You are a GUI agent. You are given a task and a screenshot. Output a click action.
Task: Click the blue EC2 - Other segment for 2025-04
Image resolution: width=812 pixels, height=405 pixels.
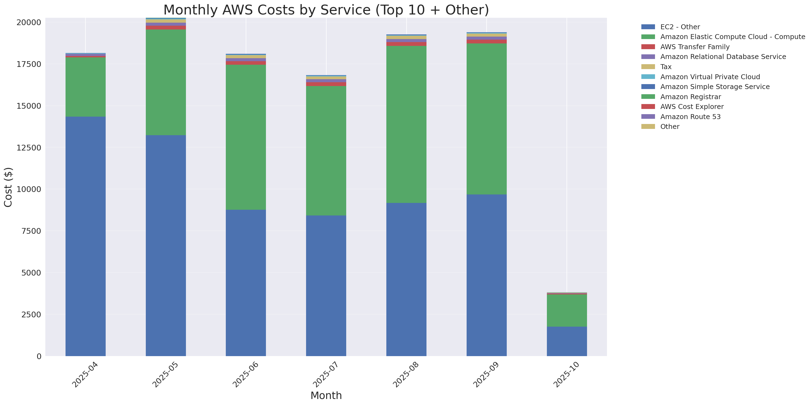coord(85,237)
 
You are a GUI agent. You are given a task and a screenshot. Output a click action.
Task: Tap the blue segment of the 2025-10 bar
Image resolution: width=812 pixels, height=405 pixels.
coord(567,341)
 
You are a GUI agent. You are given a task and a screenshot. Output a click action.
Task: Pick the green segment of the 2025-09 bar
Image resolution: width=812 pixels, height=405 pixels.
coord(486,119)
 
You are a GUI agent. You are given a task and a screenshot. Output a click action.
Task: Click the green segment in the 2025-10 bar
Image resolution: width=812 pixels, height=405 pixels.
coord(567,310)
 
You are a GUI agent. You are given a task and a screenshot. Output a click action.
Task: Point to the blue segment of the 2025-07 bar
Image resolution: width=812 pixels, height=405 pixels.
coord(326,286)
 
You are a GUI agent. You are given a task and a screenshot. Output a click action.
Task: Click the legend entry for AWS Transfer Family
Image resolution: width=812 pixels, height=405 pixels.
coord(695,47)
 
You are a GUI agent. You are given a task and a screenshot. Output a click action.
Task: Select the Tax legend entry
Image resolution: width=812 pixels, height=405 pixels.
coord(666,67)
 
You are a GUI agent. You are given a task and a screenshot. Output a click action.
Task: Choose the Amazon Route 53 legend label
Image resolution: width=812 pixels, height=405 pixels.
coord(690,117)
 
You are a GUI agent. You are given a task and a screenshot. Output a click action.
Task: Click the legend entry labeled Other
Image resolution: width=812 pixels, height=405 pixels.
coord(669,127)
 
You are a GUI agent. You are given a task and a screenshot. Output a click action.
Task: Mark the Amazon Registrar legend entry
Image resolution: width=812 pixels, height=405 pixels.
coord(690,97)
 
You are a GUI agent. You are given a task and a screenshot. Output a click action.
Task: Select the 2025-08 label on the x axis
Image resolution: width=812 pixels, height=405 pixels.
coord(406,375)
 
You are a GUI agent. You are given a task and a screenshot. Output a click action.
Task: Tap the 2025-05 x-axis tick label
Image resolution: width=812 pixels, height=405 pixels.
coord(165,375)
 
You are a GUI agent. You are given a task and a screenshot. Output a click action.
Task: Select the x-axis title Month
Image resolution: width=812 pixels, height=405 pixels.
coord(326,395)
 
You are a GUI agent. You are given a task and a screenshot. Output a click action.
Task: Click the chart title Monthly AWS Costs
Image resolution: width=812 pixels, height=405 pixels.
coord(326,10)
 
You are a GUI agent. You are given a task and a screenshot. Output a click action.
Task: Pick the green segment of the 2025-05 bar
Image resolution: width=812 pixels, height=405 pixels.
coord(165,82)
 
